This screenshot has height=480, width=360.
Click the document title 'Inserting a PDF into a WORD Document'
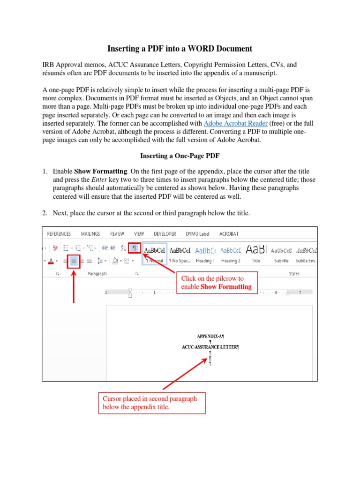(180, 48)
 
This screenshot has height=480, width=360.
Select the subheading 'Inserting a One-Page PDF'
(180, 155)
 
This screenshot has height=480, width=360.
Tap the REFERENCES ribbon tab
(59, 233)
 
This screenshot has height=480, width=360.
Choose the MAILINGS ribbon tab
(90, 233)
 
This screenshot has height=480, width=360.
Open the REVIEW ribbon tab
(117, 233)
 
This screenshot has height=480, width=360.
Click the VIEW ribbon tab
(139, 233)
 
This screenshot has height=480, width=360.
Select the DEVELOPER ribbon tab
(165, 233)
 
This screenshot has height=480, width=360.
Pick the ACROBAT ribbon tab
(229, 233)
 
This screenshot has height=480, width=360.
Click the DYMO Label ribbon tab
(197, 233)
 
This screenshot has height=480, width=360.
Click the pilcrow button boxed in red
(135, 248)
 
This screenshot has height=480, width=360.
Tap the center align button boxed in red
(74, 261)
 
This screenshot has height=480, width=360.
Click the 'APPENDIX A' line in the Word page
(210, 336)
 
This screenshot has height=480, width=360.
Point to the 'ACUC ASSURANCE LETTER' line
(210, 347)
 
